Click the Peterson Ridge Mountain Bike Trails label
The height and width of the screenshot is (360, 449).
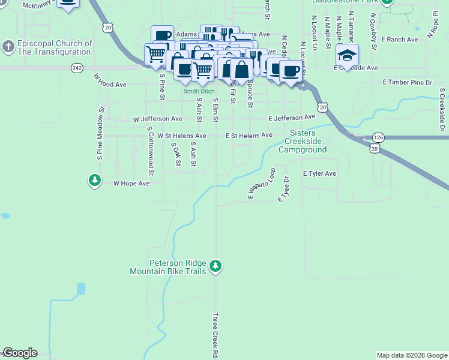[x=168, y=268]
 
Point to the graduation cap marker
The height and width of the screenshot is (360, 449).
[x=346, y=56]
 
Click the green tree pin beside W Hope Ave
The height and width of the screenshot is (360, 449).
[x=95, y=180]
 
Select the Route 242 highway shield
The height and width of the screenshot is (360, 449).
[x=76, y=68]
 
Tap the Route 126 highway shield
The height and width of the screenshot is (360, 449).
[x=378, y=137]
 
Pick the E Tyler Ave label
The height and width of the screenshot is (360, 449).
[x=319, y=173]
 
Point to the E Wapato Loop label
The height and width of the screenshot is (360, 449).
[x=261, y=183]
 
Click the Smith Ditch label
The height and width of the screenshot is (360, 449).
[x=199, y=91]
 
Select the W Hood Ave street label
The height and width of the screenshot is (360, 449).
[x=110, y=81]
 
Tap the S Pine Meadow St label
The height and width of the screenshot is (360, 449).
[x=101, y=133]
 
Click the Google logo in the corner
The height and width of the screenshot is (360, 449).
[x=20, y=353]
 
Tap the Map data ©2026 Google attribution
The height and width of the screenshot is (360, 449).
[x=412, y=355]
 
